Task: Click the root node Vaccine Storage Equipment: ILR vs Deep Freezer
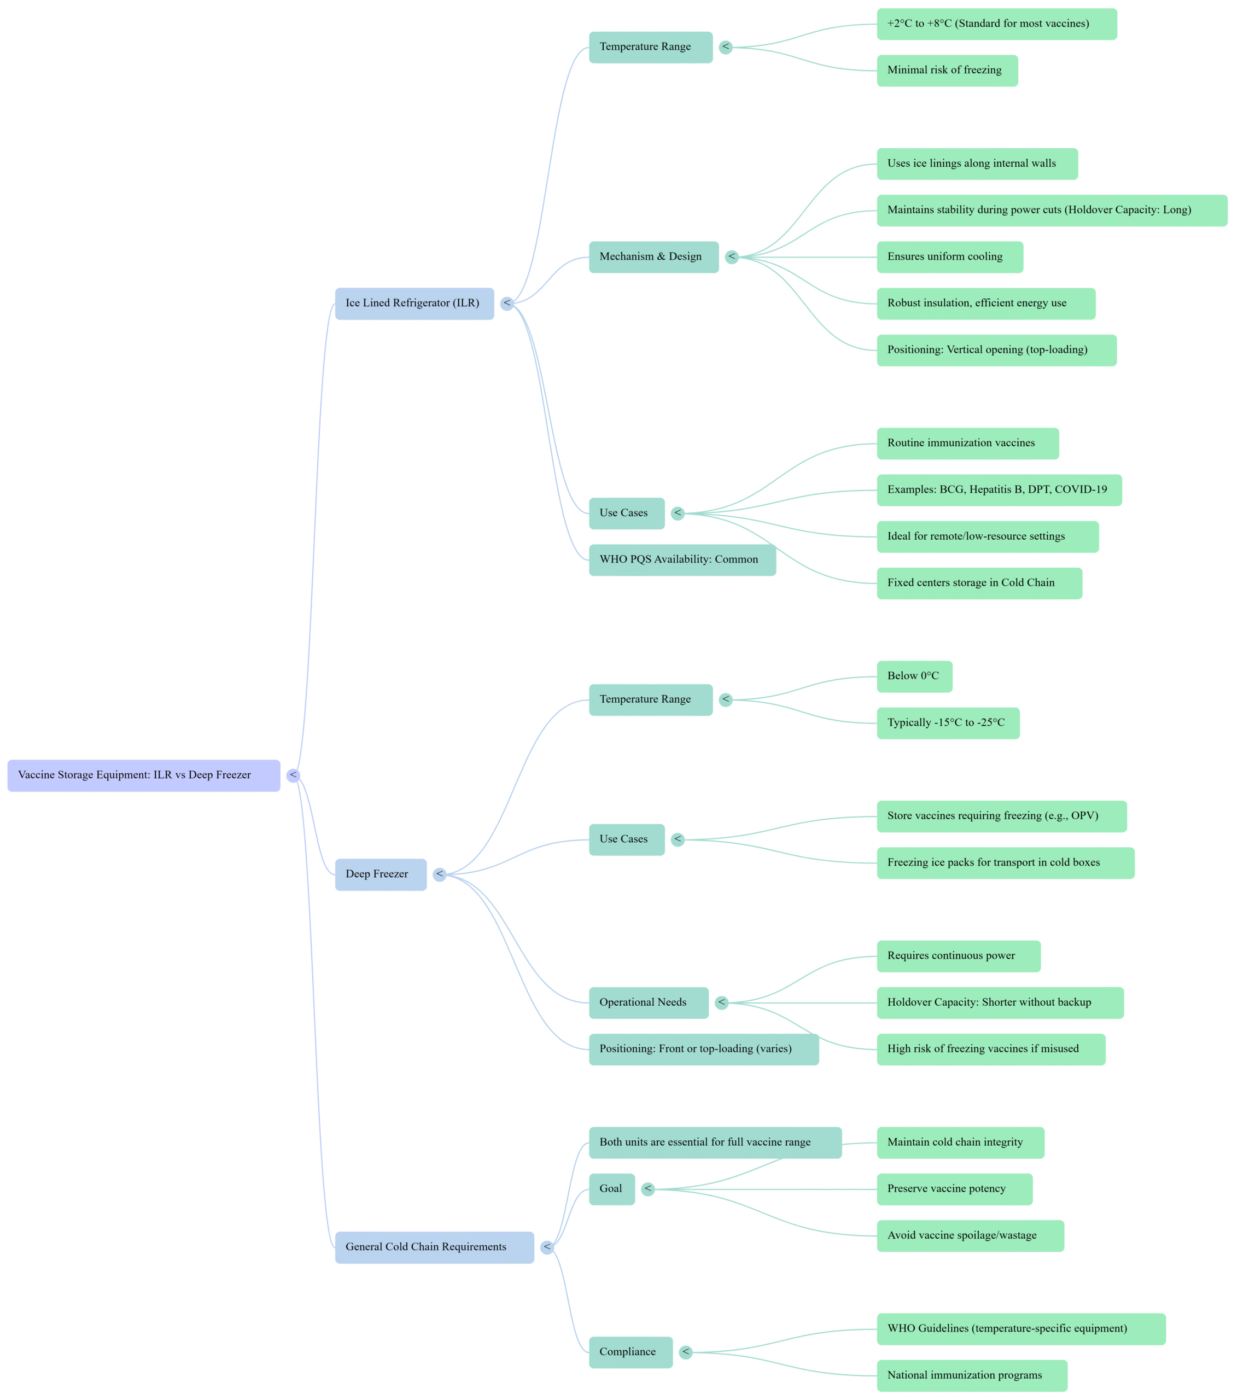pos(143,775)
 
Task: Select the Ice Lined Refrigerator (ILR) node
pos(414,304)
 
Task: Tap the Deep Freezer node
pos(380,874)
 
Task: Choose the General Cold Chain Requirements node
pos(434,1247)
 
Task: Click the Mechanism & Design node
pos(652,256)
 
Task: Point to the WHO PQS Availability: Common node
pos(681,559)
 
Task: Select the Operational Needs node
pos(647,1002)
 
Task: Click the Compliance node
pos(629,1352)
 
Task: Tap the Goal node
pos(611,1188)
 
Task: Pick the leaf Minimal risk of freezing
pos(947,71)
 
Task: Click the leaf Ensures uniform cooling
pos(949,256)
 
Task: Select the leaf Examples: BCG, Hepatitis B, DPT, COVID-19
pos(999,489)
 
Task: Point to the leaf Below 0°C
pos(914,676)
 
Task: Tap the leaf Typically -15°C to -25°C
pos(948,723)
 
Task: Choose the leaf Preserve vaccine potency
pos(954,1188)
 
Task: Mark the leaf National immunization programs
pos(971,1375)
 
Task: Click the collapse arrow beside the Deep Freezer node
pos(439,874)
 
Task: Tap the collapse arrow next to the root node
pos(293,775)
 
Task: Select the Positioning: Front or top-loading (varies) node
pos(703,1049)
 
